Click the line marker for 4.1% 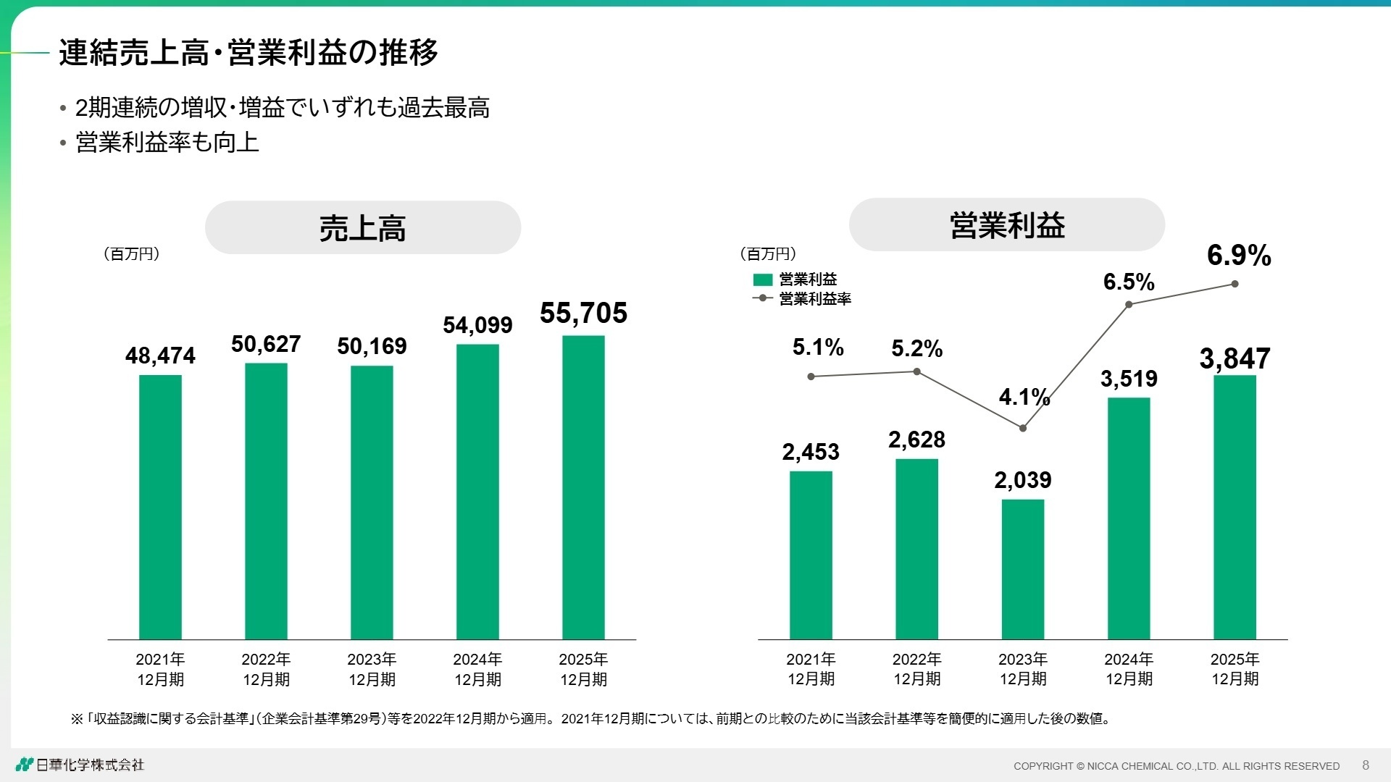click(x=1023, y=428)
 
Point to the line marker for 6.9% click(x=1235, y=284)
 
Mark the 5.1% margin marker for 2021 click(x=811, y=377)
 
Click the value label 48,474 click(x=160, y=356)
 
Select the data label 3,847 click(x=1235, y=358)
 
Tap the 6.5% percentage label click(x=1128, y=282)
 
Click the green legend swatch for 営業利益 click(x=763, y=279)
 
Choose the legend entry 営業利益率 click(x=814, y=298)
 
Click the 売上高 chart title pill click(x=362, y=227)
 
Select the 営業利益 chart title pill click(x=1006, y=224)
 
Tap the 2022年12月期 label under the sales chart click(x=266, y=669)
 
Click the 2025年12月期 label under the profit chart click(x=1235, y=669)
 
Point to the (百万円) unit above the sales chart click(x=131, y=253)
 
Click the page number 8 click(x=1366, y=765)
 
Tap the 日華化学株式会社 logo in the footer click(x=80, y=765)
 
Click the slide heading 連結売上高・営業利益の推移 click(x=248, y=52)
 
